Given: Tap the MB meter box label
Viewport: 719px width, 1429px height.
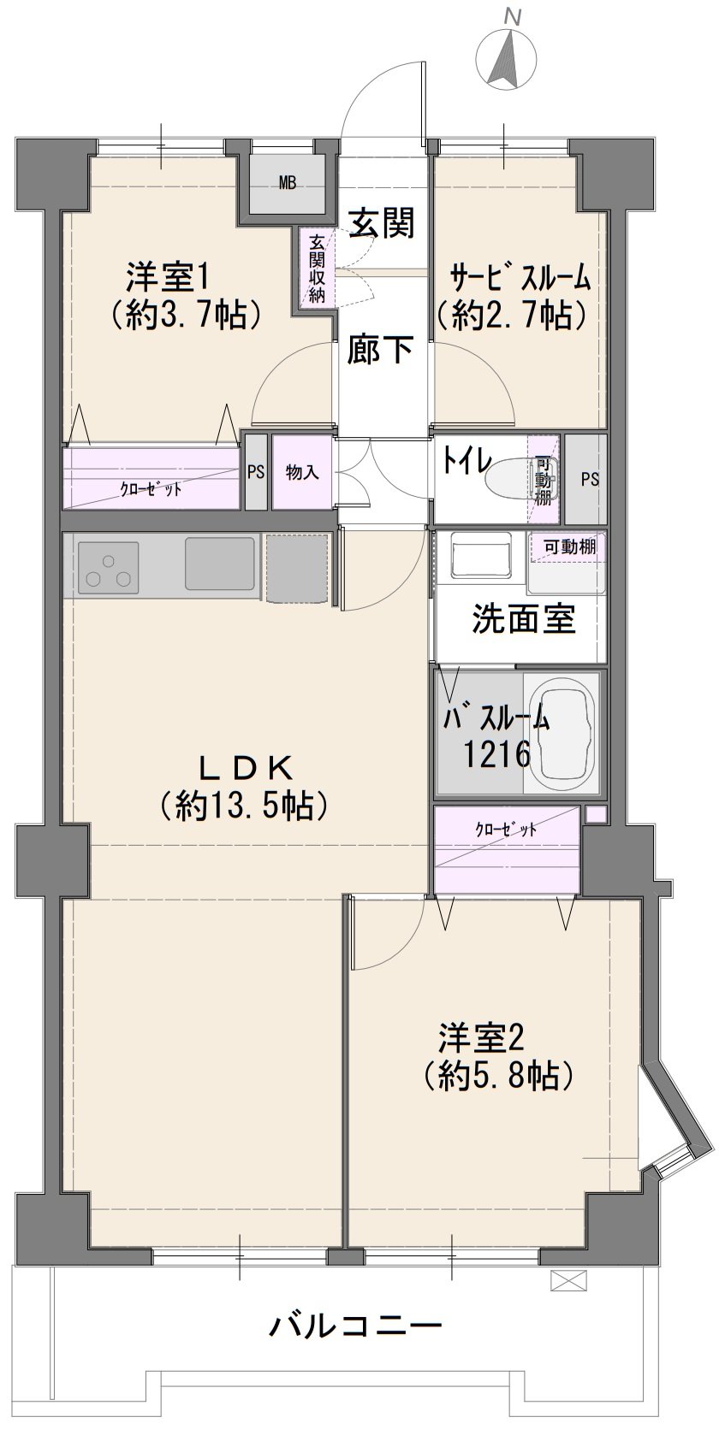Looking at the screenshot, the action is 287,184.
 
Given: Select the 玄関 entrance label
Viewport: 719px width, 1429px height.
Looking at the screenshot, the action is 381,223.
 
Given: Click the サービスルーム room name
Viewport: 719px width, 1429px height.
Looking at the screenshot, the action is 520,278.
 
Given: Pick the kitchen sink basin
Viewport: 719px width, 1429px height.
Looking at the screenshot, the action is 220,564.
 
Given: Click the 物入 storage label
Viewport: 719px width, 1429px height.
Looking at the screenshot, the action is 303,473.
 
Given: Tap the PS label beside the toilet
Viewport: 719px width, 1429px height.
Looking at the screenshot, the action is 590,479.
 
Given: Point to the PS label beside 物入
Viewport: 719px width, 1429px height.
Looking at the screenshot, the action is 255,473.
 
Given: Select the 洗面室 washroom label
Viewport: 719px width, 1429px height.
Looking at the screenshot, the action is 524,618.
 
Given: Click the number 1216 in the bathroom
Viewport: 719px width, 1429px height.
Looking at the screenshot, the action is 496,754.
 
